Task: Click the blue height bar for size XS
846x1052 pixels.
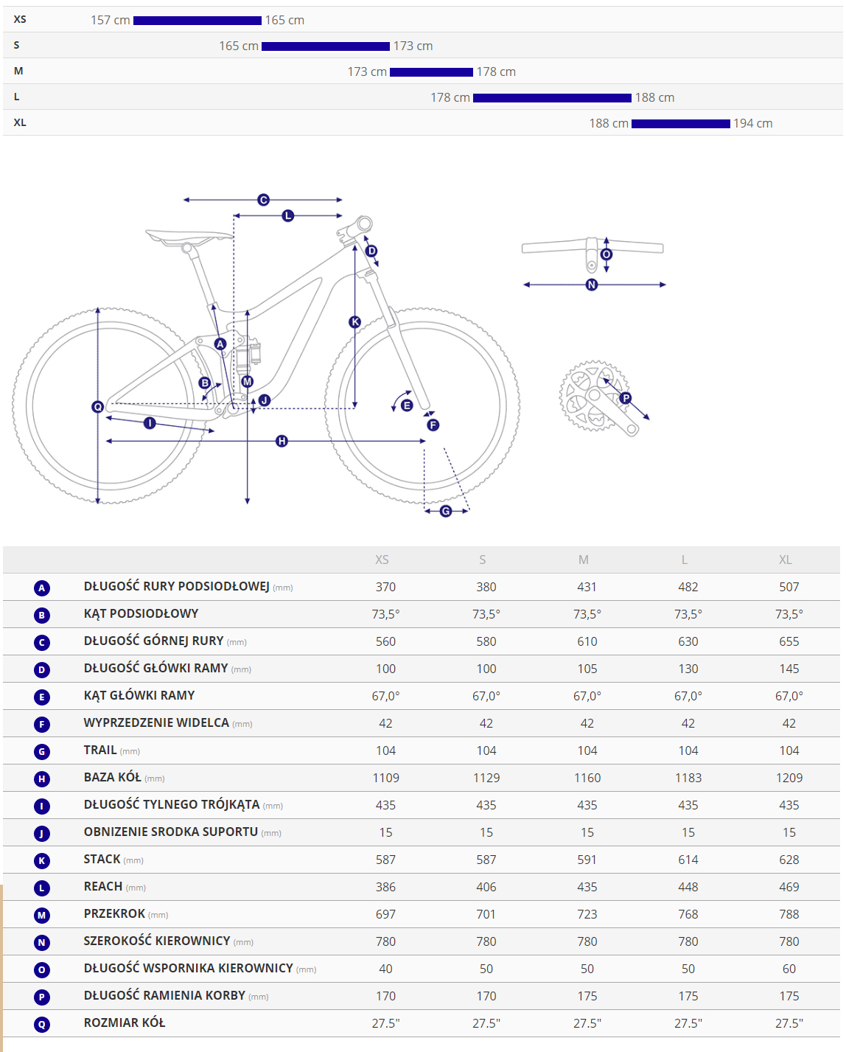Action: tap(197, 21)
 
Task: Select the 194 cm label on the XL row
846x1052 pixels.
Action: tap(752, 124)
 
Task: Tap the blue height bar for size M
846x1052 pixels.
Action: tap(431, 72)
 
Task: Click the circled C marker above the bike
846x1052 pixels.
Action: tap(263, 200)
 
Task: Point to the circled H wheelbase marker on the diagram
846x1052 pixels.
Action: tap(282, 441)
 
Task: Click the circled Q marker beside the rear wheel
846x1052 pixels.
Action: tap(97, 407)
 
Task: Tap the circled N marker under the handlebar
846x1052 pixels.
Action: tap(592, 285)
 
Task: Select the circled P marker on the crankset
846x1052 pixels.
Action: tap(626, 398)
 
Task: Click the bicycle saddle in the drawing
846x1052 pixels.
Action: tap(189, 237)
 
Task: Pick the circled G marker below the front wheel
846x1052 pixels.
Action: tap(446, 511)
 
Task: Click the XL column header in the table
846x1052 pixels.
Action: tap(786, 560)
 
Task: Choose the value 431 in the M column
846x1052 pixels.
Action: tap(587, 588)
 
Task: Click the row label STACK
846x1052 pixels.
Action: tap(102, 860)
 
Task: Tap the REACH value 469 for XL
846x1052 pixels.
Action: tap(789, 888)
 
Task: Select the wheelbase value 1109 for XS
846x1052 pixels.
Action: tap(385, 778)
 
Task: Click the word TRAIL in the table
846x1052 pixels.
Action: tap(100, 750)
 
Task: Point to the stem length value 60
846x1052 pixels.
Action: tap(789, 969)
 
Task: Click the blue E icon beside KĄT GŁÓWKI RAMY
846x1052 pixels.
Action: tap(42, 697)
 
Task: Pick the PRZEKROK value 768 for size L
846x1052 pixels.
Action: tap(688, 915)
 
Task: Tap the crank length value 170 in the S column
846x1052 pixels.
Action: tap(486, 997)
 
